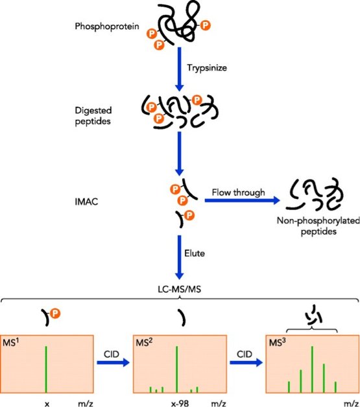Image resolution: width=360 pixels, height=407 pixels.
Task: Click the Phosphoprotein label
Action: [107, 27]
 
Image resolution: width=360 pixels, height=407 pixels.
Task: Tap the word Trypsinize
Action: [207, 68]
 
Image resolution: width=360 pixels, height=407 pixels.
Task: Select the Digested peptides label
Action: [93, 116]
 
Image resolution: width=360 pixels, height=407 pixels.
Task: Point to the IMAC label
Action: [86, 202]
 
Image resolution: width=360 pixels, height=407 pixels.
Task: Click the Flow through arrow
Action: [243, 200]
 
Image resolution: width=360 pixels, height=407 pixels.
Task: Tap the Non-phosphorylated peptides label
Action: [318, 226]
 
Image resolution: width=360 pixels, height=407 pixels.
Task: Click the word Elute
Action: [195, 253]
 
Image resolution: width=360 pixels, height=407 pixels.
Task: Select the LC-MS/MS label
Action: [180, 289]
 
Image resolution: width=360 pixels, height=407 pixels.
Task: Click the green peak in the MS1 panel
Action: [46, 369]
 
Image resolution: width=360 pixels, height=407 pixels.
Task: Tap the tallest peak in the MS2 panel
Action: [177, 369]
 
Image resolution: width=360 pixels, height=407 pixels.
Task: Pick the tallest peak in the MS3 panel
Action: [312, 369]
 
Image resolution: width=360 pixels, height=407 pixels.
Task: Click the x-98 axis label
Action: [180, 403]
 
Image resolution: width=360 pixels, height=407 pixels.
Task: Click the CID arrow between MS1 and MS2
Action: [114, 362]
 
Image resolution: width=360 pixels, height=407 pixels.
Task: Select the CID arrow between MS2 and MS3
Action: [246, 362]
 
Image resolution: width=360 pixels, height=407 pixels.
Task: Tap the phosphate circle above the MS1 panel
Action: [55, 313]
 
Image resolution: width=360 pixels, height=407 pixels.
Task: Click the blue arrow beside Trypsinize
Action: [179, 69]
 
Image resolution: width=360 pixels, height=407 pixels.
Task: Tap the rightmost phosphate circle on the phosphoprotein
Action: [206, 25]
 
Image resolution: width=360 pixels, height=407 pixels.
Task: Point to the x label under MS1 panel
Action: [47, 404]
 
